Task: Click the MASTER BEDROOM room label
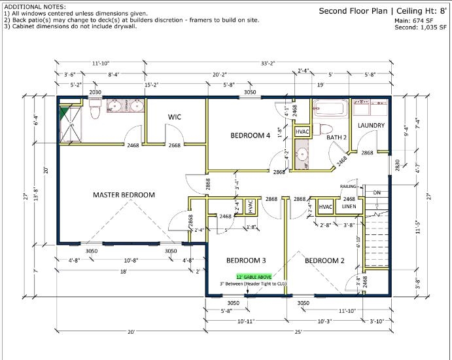click(x=124, y=194)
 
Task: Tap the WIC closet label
click(x=175, y=117)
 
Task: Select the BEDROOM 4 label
click(x=250, y=135)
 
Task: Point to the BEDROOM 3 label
click(x=246, y=260)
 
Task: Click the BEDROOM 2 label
click(x=324, y=260)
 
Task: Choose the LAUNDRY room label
click(x=371, y=126)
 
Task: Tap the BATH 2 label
click(x=336, y=137)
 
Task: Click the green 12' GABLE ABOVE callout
click(x=246, y=277)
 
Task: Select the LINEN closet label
click(x=349, y=207)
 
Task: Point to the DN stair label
click(x=376, y=193)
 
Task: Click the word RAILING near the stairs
click(x=348, y=187)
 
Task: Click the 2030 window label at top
click(x=96, y=93)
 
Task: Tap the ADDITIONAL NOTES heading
click(x=31, y=6)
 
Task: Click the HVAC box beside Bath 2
click(x=302, y=132)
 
